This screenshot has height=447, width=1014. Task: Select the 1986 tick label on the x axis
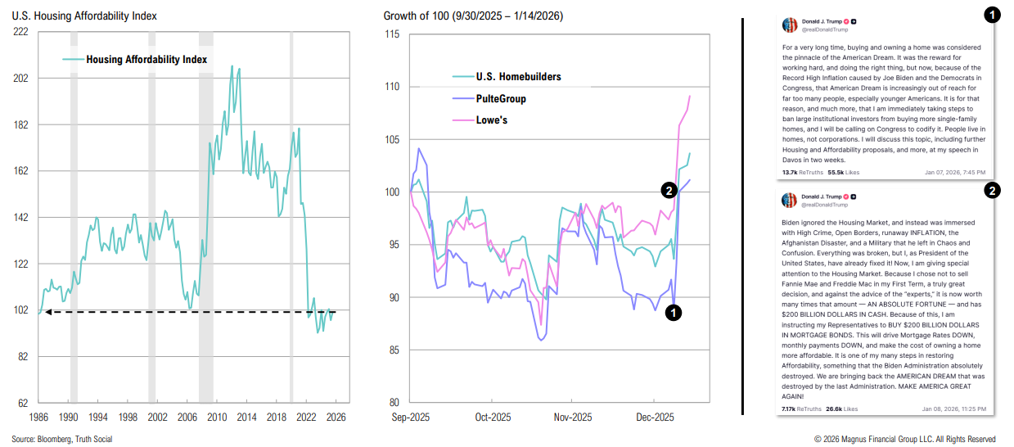point(38,417)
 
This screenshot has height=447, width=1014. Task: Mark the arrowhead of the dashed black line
point(47,311)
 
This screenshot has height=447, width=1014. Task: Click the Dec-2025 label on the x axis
point(654,417)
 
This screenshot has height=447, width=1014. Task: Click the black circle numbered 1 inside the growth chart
point(672,312)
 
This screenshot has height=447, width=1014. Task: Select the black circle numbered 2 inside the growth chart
point(668,191)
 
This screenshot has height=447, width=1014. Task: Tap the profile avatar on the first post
point(790,25)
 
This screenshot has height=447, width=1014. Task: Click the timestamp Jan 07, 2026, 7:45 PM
point(955,173)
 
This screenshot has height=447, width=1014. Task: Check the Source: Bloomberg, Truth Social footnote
point(62,440)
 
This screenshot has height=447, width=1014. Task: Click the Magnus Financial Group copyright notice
point(904,440)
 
